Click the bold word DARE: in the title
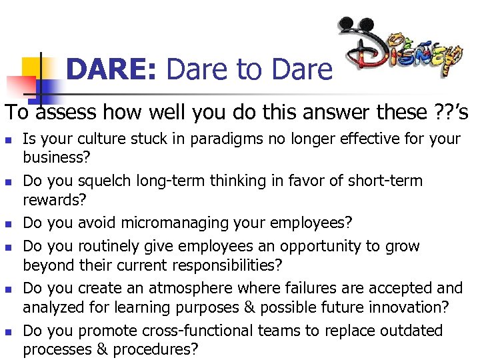(111, 69)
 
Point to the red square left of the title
(21, 85)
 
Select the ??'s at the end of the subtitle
(451, 112)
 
